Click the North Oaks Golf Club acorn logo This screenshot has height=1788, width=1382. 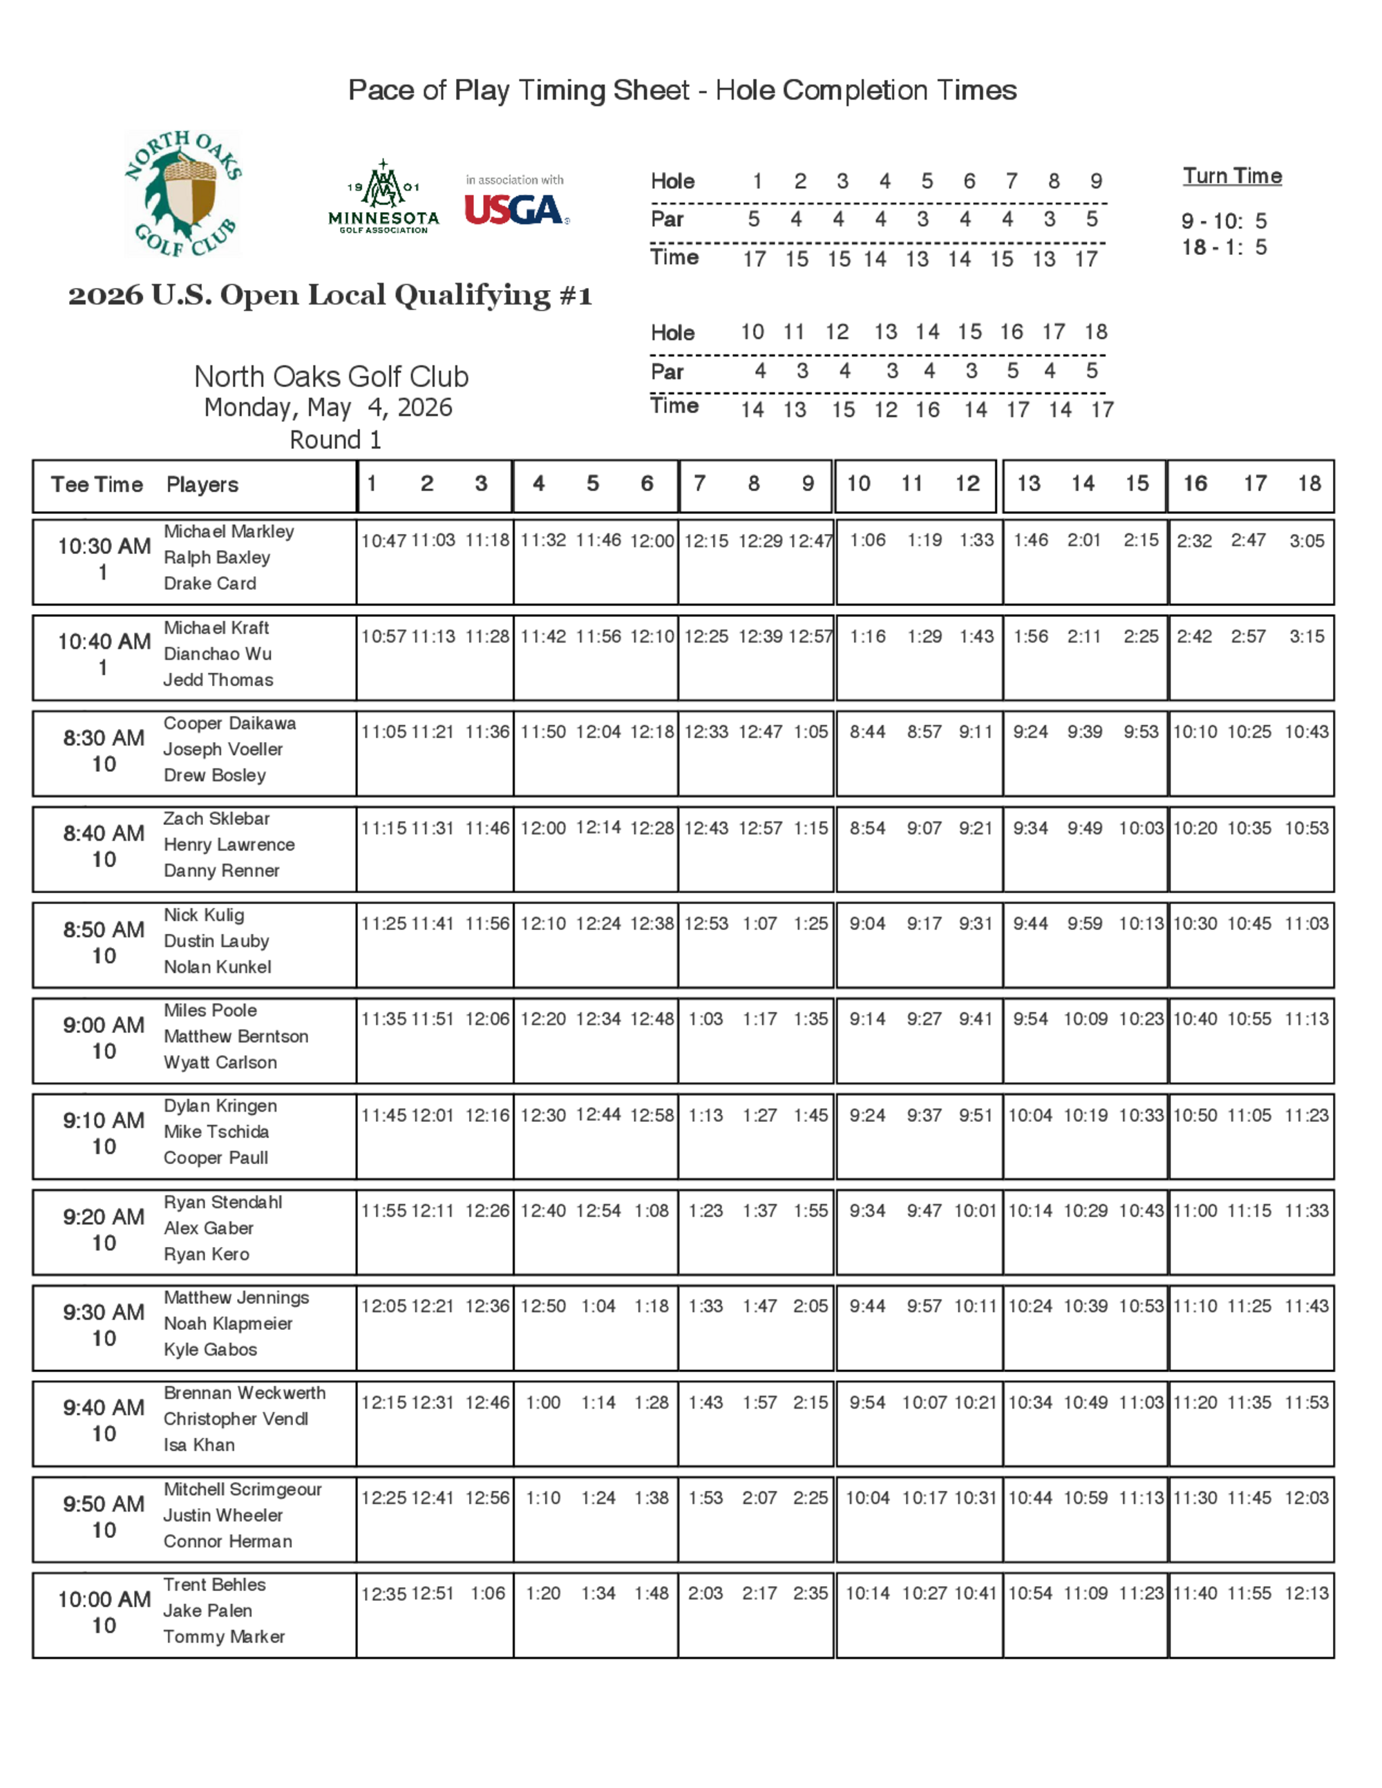(x=183, y=194)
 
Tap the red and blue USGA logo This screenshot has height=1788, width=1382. (x=515, y=209)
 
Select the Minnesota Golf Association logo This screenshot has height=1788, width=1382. (x=384, y=198)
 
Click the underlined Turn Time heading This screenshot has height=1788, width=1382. (x=1232, y=176)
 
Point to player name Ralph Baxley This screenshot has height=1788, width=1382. (x=217, y=558)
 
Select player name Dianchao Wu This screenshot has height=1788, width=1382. (x=218, y=654)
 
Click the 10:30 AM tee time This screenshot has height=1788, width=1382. (x=104, y=546)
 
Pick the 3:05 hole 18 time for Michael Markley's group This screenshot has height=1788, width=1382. (x=1307, y=541)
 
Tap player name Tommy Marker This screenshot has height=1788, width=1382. (x=225, y=1637)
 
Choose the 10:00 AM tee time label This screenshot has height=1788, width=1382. (x=104, y=1599)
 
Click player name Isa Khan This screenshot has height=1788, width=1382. (x=199, y=1445)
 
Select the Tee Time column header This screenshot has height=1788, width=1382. (x=97, y=485)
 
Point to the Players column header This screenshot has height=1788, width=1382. (x=202, y=485)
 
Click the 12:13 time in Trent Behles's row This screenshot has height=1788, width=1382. (x=1307, y=1593)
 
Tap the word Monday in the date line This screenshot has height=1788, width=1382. (x=249, y=408)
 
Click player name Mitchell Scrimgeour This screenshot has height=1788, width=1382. (x=243, y=1489)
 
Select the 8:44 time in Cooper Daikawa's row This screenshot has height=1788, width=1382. (x=867, y=732)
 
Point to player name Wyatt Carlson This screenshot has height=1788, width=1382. (x=220, y=1062)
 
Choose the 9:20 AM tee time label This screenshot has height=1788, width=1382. (x=104, y=1217)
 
